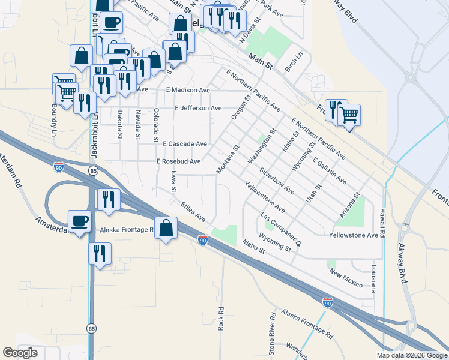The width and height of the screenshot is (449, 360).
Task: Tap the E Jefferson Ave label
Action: (198, 109)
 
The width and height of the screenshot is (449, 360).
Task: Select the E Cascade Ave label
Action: (185, 144)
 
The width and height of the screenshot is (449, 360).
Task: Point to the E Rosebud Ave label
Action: (178, 161)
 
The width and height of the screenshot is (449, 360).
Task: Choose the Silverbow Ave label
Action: (277, 181)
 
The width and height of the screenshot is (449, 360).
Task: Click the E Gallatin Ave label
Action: (330, 170)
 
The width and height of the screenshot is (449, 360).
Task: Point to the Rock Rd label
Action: (221, 319)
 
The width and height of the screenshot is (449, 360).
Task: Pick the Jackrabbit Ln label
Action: (94, 144)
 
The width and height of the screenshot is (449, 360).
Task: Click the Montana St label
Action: (228, 160)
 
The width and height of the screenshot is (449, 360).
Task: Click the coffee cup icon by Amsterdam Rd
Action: (79, 221)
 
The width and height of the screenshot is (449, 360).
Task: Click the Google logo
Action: (20, 353)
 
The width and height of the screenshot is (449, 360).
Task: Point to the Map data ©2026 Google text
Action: (411, 355)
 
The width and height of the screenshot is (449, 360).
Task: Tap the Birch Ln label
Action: (293, 61)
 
